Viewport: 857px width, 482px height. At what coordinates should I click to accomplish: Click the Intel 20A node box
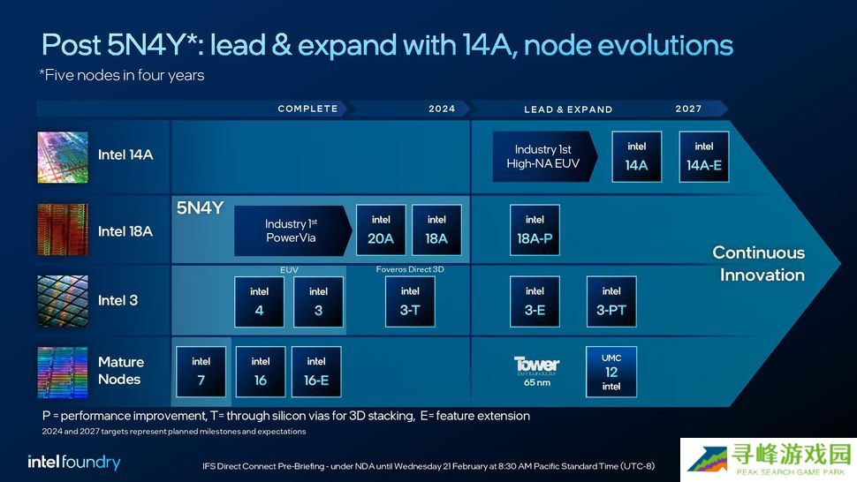click(381, 230)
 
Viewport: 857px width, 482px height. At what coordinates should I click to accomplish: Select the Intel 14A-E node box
click(704, 156)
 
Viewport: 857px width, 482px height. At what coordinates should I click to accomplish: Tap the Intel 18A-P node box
click(535, 230)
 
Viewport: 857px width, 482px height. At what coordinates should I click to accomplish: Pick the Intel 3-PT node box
click(611, 301)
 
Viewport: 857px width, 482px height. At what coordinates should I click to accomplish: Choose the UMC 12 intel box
click(611, 372)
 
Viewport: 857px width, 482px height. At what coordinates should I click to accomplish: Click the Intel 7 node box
click(201, 372)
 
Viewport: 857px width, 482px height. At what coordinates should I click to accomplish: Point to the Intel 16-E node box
click(316, 372)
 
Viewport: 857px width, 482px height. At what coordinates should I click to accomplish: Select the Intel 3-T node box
click(410, 301)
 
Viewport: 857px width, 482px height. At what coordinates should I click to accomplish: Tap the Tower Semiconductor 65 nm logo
click(536, 372)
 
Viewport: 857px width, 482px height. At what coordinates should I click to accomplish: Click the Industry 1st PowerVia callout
click(292, 230)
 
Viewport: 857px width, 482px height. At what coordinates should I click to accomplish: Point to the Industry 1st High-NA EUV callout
click(544, 156)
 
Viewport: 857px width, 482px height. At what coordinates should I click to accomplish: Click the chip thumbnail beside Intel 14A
click(63, 157)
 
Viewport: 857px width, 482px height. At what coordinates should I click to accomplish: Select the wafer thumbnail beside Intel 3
click(63, 301)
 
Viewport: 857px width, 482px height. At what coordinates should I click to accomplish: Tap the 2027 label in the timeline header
click(688, 109)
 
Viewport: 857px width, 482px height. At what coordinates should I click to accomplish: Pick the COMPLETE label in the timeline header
click(307, 109)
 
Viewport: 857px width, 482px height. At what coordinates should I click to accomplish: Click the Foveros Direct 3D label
click(410, 269)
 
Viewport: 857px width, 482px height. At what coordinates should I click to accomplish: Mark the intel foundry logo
click(74, 463)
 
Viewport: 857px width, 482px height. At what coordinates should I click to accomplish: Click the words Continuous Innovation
click(759, 264)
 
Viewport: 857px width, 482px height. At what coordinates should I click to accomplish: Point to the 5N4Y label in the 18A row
click(200, 208)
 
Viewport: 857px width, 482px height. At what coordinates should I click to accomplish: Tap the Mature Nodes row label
click(121, 371)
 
